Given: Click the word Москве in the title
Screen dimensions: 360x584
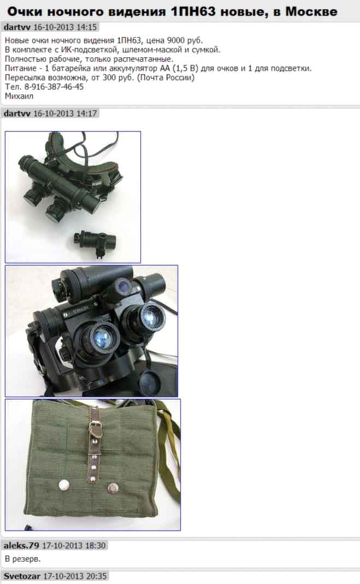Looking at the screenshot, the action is pyautogui.click(x=311, y=11).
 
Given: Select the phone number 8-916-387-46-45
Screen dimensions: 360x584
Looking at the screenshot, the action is pyautogui.click(x=54, y=87).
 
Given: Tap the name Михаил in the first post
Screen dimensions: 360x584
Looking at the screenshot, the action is pyautogui.click(x=19, y=96).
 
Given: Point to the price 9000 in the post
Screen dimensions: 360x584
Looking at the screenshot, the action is pyautogui.click(x=175, y=40).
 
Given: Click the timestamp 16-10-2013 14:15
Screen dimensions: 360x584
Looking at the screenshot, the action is pyautogui.click(x=65, y=27).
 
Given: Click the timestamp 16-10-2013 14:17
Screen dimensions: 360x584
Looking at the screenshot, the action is pyautogui.click(x=65, y=113).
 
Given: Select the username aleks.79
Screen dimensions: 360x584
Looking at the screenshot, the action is pyautogui.click(x=21, y=546).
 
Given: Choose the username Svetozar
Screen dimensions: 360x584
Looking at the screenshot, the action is pyautogui.click(x=22, y=576).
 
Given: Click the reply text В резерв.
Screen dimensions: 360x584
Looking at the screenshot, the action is pyautogui.click(x=23, y=559).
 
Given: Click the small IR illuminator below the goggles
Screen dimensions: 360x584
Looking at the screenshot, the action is pyautogui.click(x=95, y=241).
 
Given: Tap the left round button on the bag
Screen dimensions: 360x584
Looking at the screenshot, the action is pyautogui.click(x=64, y=485).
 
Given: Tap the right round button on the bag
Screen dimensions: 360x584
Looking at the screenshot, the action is pyautogui.click(x=113, y=488).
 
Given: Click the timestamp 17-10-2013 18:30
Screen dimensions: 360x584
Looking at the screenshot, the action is pyautogui.click(x=74, y=546).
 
